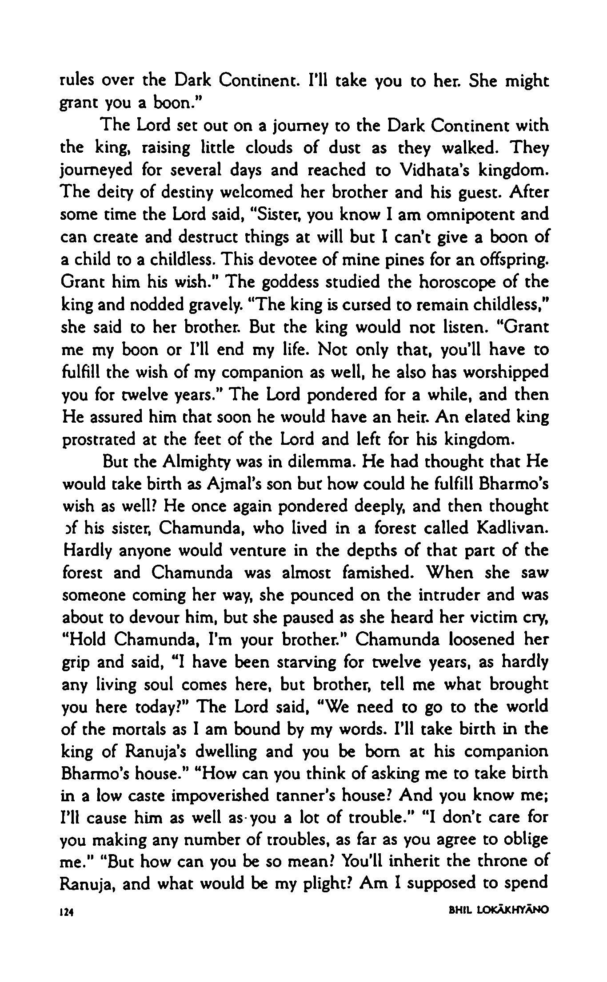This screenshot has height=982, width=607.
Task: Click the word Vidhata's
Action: click(430, 170)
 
